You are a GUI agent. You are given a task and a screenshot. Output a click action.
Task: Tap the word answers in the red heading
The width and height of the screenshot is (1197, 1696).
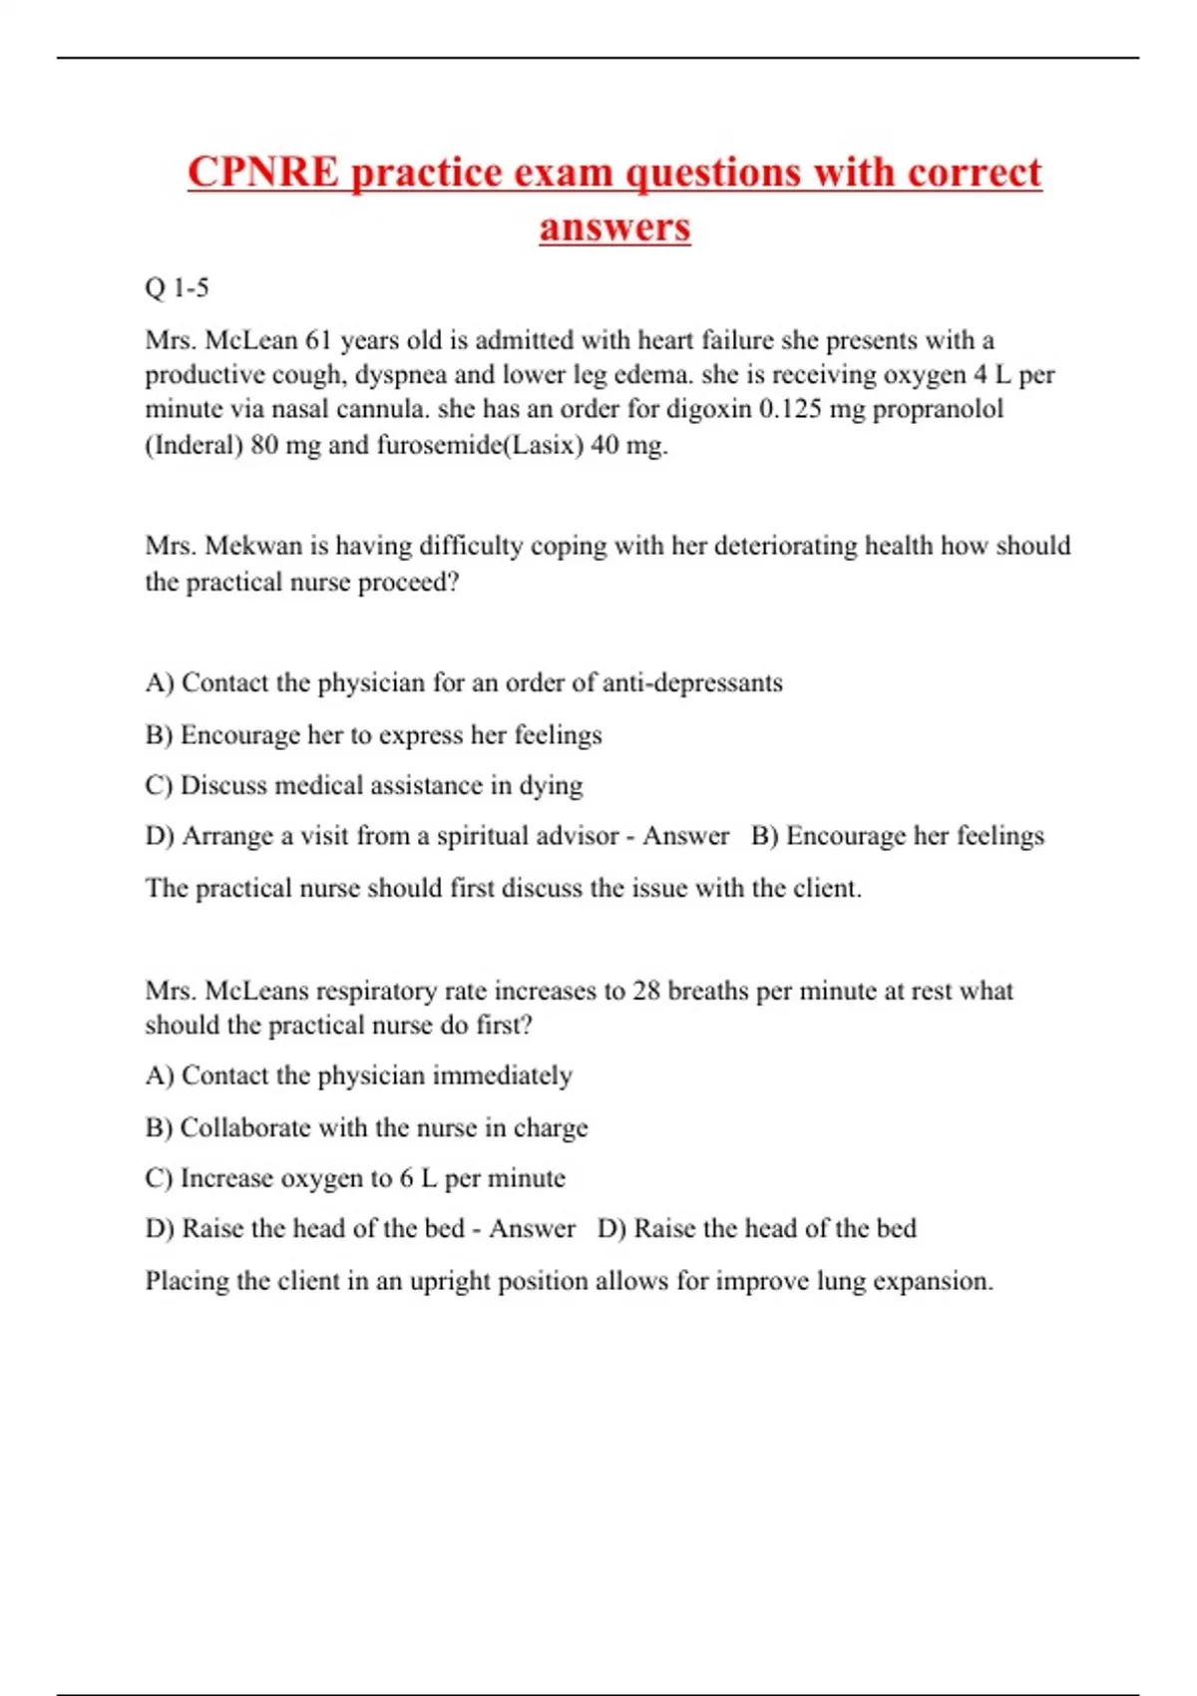[614, 226]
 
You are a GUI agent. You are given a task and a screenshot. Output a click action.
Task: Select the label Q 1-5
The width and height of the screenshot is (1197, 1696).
[177, 288]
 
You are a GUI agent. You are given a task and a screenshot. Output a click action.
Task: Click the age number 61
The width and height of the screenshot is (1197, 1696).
[318, 340]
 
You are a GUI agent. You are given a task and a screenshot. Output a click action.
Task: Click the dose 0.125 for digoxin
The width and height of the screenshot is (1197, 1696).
[795, 409]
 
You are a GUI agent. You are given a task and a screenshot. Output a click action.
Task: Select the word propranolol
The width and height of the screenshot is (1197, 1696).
[938, 409]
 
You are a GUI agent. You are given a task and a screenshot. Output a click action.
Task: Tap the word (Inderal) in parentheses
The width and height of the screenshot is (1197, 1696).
[195, 444]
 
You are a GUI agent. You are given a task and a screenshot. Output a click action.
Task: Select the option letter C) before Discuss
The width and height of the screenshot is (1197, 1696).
[159, 785]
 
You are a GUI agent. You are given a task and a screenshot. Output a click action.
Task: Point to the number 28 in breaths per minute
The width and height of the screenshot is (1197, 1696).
[646, 991]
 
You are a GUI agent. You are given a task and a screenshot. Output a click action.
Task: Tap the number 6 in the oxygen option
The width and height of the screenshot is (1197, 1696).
[406, 1178]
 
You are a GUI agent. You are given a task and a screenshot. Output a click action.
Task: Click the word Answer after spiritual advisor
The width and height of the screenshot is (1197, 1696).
[685, 835]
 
